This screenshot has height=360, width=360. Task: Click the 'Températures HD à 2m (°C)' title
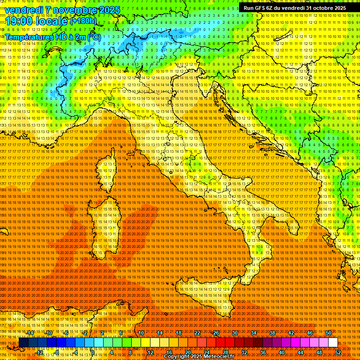(52, 37)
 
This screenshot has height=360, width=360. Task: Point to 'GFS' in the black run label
(260, 8)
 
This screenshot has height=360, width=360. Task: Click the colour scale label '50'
(329, 333)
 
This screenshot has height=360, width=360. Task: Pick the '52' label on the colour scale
(338, 352)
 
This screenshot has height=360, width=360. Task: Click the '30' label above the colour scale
(235, 333)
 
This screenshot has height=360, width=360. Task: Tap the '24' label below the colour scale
(207, 352)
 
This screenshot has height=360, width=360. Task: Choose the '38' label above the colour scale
(272, 333)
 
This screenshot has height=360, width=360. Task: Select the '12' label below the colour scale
(150, 352)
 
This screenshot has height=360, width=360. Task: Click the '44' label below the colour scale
(300, 352)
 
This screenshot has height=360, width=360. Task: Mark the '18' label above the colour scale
(179, 333)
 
